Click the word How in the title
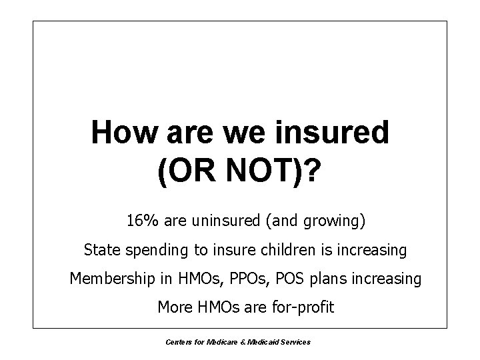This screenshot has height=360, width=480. (121, 132)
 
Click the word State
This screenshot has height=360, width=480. (101, 250)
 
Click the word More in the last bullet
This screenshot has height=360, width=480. (174, 307)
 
